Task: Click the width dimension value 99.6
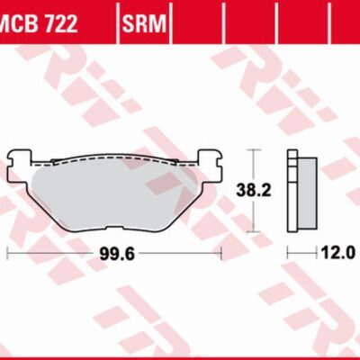[118, 255]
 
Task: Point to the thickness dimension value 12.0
[336, 255]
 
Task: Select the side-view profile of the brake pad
[301, 191]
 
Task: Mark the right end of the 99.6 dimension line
[220, 255]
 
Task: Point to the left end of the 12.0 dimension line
[287, 255]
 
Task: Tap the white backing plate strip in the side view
[292, 191]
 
